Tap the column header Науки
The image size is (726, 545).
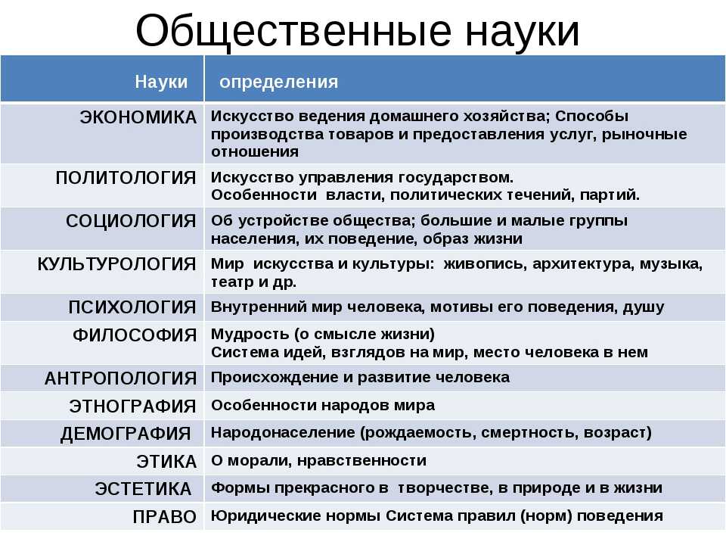point(161,82)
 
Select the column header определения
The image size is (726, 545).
point(279,83)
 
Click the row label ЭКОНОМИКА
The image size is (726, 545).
point(138,117)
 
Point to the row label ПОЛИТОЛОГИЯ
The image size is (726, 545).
point(126,178)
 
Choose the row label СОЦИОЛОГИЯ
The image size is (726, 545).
point(131,221)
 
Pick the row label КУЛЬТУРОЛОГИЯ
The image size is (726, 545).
point(116,264)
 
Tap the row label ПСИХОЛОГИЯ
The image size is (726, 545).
point(132,307)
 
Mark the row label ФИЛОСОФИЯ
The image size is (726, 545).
point(135,335)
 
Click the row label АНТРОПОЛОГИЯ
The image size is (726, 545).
point(120,378)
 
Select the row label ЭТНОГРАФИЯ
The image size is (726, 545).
point(133,406)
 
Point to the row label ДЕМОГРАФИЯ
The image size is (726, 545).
point(126,434)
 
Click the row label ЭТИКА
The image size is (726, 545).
point(166,462)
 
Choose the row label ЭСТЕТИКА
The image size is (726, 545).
point(143,490)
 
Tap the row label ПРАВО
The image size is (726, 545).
point(165,517)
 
